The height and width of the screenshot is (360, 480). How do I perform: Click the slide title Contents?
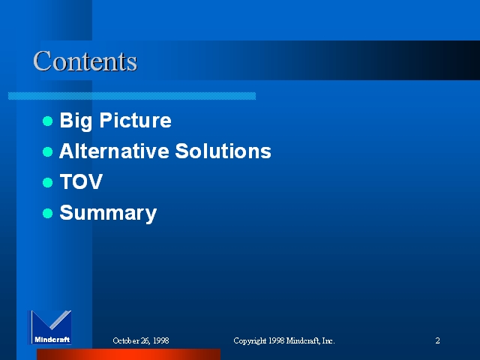85,61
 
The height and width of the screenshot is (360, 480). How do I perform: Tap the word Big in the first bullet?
76,121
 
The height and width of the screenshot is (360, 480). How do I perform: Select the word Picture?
135,120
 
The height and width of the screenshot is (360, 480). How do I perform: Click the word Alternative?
114,151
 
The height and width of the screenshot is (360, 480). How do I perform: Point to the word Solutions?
223,151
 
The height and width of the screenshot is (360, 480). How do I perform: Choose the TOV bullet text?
81,181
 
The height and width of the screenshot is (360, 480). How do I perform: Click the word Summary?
108,213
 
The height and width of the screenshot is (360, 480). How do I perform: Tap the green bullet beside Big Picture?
48,121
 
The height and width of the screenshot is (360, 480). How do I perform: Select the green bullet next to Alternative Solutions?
48,151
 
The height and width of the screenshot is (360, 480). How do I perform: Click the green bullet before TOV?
48,182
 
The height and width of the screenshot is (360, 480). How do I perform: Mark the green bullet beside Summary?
48,213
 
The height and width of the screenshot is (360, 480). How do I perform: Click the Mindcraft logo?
50,327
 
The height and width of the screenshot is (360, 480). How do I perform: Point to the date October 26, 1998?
141,340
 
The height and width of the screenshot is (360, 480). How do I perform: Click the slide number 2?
437,340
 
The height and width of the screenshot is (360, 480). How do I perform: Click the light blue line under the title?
132,96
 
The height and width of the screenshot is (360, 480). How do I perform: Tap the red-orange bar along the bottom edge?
128,354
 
